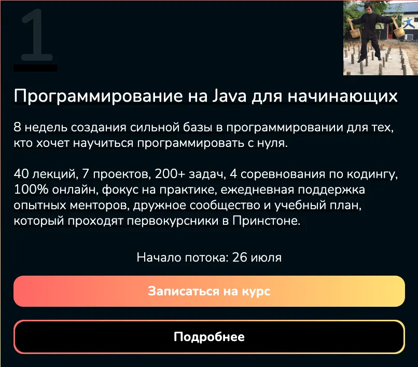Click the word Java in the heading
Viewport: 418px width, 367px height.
click(230, 96)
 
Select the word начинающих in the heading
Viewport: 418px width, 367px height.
click(343, 97)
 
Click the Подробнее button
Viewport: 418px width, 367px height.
click(209, 337)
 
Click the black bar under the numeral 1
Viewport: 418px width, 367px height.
click(35, 68)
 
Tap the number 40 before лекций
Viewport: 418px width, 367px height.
click(21, 174)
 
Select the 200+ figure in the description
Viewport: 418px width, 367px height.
click(170, 174)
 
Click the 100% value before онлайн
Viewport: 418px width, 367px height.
click(31, 189)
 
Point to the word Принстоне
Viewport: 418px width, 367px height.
click(267, 221)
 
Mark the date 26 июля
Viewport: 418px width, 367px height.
click(257, 257)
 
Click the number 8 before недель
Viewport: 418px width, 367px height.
click(17, 127)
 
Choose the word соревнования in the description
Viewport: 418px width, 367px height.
click(283, 174)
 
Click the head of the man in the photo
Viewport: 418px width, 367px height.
click(369, 7)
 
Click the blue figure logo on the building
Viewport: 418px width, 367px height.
click(409, 23)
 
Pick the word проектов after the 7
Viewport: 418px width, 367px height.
click(122, 174)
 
